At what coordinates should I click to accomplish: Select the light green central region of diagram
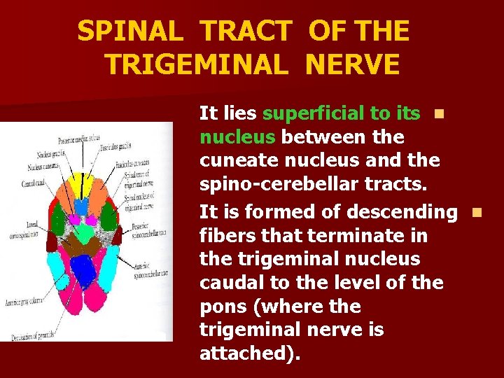(x=85, y=232)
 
